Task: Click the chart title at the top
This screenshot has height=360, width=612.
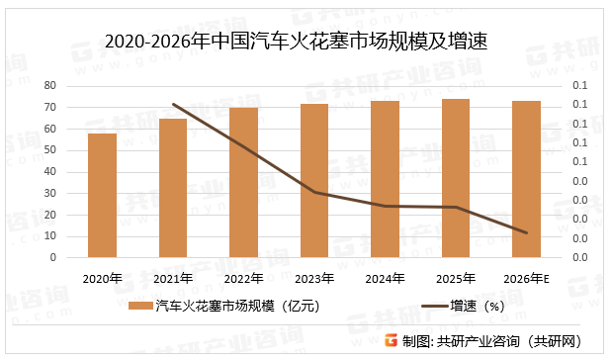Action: [297, 42]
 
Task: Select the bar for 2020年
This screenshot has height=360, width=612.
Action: [102, 195]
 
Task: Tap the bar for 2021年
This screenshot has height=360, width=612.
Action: [173, 188]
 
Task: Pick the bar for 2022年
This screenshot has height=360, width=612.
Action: [243, 182]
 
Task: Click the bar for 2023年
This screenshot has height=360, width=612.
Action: [314, 180]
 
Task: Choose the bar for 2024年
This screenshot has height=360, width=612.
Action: [385, 179]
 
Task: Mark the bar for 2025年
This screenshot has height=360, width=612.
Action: [456, 178]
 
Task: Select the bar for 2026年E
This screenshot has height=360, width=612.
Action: [526, 179]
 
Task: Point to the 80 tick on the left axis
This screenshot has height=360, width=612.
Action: [48, 86]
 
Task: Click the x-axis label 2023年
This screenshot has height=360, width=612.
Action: [314, 278]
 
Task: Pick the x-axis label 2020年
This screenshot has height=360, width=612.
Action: [102, 278]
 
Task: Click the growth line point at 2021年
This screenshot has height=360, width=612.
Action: [173, 104]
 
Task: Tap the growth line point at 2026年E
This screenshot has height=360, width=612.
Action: [526, 233]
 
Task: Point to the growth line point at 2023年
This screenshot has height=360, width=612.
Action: [314, 192]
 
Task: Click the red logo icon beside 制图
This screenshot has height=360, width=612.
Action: [392, 340]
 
